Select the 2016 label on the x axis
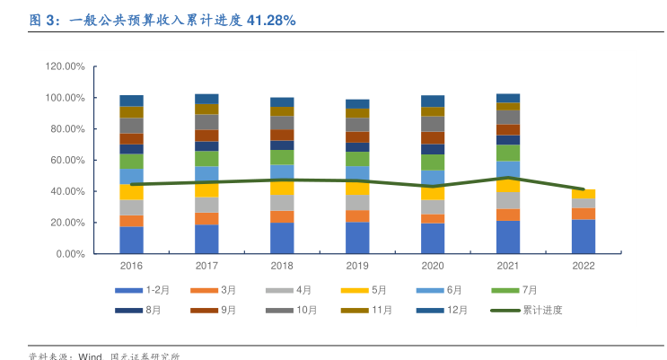131,266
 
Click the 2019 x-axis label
357,266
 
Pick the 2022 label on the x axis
584,266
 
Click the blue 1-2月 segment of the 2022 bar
584,236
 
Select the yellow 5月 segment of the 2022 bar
584,194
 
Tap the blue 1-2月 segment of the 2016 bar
131,240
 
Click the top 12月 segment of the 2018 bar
282,102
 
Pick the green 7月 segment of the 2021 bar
508,153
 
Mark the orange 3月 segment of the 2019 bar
357,215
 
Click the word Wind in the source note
90,356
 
